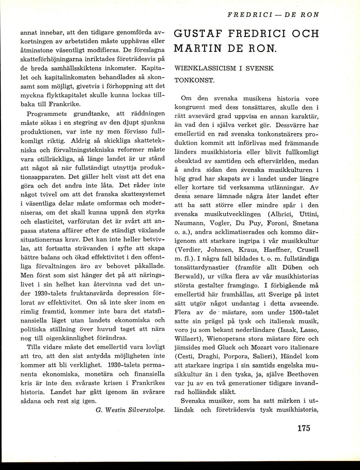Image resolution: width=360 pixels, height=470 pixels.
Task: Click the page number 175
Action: click(x=303, y=428)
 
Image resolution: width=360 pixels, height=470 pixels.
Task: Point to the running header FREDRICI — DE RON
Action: click(x=273, y=15)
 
